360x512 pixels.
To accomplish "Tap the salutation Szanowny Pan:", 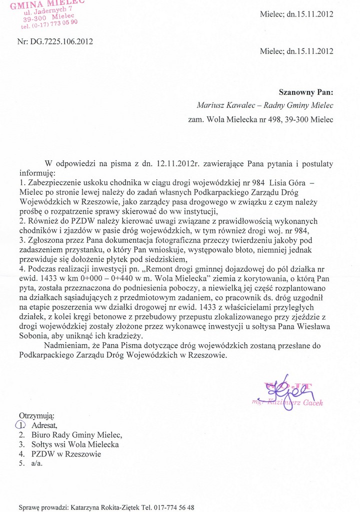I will (x=305, y=92).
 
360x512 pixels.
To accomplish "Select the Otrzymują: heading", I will (x=36, y=416).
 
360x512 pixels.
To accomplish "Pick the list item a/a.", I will (x=37, y=464).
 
